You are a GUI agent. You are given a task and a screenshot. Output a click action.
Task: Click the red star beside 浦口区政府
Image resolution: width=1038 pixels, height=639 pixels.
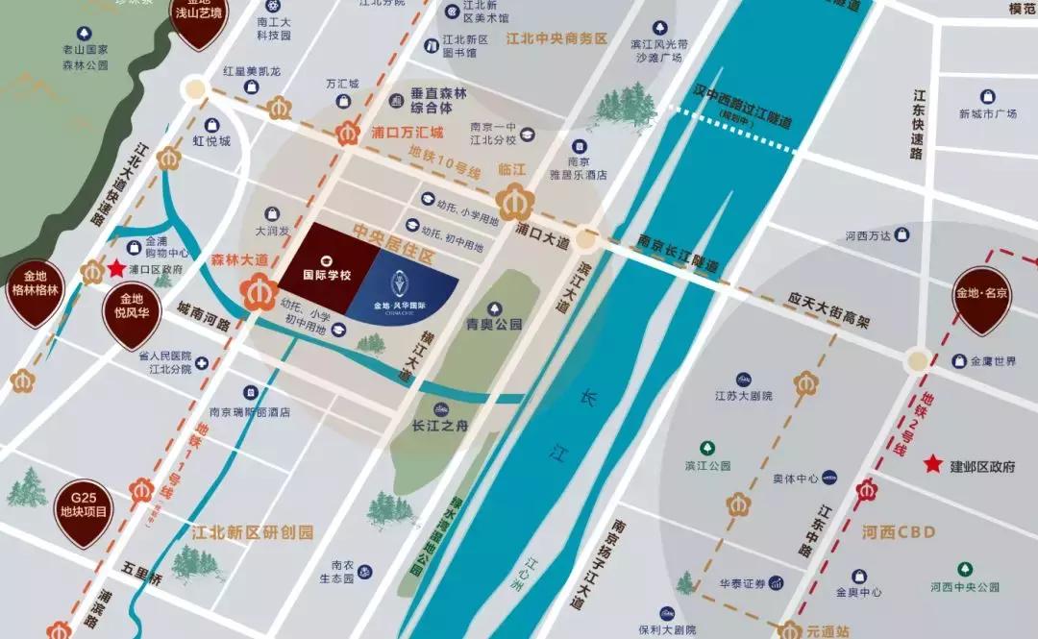pyautogui.click(x=117, y=270)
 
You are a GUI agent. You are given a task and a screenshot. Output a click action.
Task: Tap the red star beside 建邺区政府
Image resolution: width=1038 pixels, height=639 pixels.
pyautogui.click(x=932, y=465)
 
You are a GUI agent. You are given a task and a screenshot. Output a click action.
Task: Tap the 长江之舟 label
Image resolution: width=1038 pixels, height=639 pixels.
pyautogui.click(x=438, y=426)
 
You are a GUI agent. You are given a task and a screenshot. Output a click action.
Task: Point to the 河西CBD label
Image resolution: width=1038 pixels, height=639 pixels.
pyautogui.click(x=899, y=530)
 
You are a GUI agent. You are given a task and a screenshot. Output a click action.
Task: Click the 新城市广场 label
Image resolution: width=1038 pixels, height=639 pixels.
pyautogui.click(x=987, y=113)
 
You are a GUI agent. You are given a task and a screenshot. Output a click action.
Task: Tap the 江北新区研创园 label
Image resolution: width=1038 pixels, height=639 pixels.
pyautogui.click(x=252, y=531)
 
